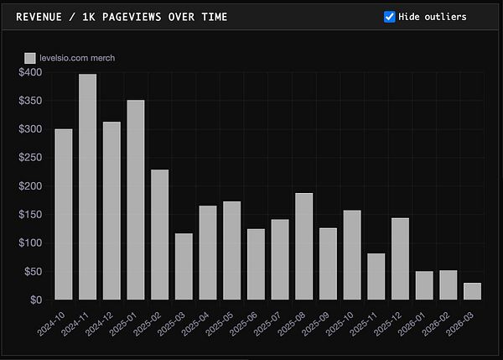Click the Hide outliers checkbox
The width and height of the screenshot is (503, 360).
[390, 17]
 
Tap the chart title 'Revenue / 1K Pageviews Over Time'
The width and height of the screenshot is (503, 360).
[122, 17]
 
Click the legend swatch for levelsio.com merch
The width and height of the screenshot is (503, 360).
[30, 58]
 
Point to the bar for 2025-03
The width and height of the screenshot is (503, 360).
[184, 266]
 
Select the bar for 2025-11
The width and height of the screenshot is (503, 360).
[376, 276]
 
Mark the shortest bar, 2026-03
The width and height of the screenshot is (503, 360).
[472, 291]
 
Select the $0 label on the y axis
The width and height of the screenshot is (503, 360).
[35, 300]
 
